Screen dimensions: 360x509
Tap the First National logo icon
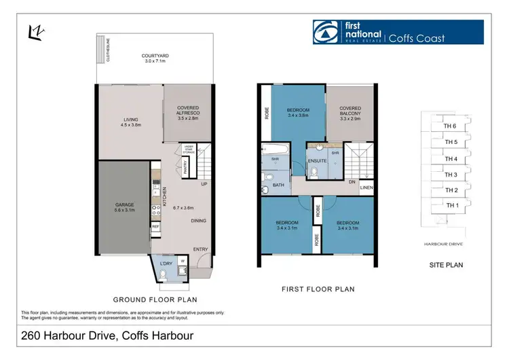coord(324,32)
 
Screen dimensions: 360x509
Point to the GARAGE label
coord(125,204)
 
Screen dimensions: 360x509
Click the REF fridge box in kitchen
coord(155,226)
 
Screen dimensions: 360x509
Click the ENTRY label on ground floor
coord(200,249)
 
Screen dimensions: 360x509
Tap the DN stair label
coord(352,182)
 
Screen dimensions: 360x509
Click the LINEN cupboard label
coord(366,188)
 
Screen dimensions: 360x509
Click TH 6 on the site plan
coord(449,126)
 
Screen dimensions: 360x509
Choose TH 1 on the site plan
coord(452,205)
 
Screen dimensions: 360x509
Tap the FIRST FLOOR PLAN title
coord(318,289)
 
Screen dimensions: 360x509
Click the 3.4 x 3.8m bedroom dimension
coord(298,115)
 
